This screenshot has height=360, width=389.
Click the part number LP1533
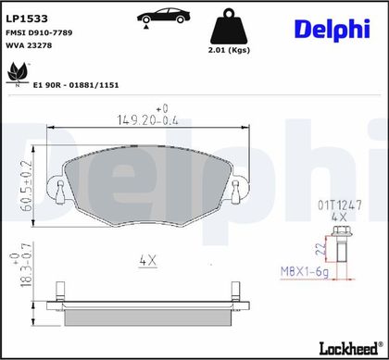click(27, 19)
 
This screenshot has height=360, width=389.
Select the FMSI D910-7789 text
click(39, 32)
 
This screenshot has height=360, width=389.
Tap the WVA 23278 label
click(29, 45)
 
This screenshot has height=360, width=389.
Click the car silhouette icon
click(163, 17)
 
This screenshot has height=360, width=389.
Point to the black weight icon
click(229, 27)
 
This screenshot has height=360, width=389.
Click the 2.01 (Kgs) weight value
click(229, 50)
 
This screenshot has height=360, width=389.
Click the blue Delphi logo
click(333, 30)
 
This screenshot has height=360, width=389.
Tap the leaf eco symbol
click(18, 72)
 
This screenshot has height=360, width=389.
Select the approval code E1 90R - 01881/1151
click(76, 85)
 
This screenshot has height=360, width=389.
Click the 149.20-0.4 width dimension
click(148, 119)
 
